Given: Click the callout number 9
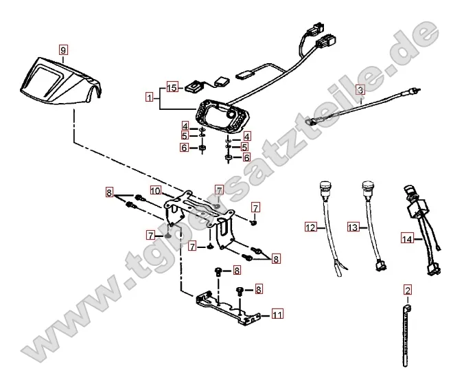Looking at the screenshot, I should pyautogui.click(x=63, y=50).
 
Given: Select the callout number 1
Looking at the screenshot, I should pyautogui.click(x=149, y=98).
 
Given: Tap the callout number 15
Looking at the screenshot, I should pyautogui.click(x=172, y=87).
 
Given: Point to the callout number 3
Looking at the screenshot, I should pyautogui.click(x=360, y=89).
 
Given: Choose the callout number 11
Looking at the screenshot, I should pyautogui.click(x=277, y=315).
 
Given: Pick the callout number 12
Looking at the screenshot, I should pyautogui.click(x=310, y=227).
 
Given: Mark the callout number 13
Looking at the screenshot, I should pyautogui.click(x=353, y=227).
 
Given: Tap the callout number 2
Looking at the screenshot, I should pyautogui.click(x=407, y=290).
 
